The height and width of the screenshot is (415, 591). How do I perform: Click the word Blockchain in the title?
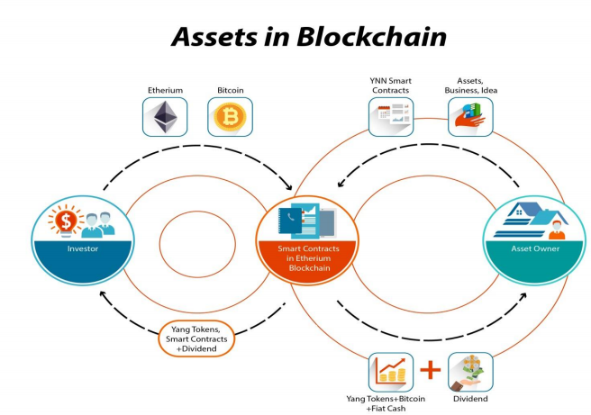click(371, 37)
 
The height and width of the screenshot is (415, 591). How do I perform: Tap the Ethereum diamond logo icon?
click(165, 117)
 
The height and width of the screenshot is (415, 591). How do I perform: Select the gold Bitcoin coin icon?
click(230, 116)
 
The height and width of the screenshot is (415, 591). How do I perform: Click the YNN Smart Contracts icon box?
click(391, 117)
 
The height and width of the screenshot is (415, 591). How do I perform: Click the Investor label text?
click(83, 248)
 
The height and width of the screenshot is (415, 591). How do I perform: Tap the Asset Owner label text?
click(535, 248)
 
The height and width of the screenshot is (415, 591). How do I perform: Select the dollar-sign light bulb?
click(66, 221)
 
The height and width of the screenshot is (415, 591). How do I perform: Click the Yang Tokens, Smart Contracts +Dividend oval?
click(196, 338)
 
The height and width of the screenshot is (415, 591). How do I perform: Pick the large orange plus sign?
click(431, 370)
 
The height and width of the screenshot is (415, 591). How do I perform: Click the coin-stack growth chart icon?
click(391, 372)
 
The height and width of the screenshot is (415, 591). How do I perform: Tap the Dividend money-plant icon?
click(470, 372)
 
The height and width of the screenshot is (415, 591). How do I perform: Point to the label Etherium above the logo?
click(165, 90)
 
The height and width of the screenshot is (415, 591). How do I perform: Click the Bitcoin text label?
click(231, 90)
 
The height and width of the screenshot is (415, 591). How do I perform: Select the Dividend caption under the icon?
click(470, 399)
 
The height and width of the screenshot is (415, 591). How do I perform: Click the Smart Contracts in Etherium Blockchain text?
click(309, 258)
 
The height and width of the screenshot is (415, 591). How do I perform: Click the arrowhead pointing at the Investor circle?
click(103, 294)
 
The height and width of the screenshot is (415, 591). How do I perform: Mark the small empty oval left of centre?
click(197, 244)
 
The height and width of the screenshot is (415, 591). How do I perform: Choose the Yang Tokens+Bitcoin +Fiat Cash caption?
click(386, 403)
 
